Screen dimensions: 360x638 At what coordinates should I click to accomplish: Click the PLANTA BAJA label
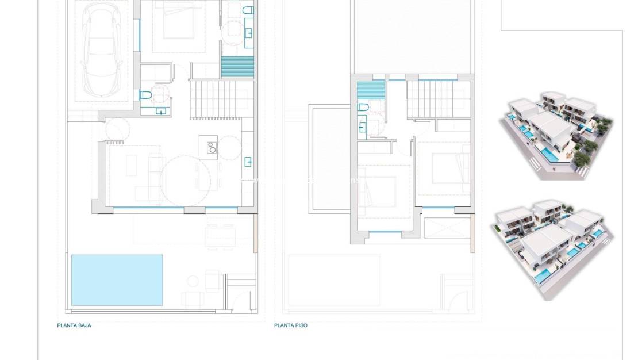coord(74,325)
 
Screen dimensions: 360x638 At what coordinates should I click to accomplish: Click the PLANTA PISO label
coord(291,325)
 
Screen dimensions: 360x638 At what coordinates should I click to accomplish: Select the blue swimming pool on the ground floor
coord(117,280)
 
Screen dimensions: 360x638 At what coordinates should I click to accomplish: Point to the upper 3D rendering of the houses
coord(555,136)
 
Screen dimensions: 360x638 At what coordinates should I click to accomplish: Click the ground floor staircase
coord(221,99)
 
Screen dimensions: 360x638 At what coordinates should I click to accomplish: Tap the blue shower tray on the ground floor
coord(237,67)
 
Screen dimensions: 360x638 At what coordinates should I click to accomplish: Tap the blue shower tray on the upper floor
coord(371,91)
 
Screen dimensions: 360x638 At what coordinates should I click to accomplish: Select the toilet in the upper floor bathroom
coord(363,108)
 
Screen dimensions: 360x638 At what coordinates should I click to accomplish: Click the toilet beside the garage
coord(146,95)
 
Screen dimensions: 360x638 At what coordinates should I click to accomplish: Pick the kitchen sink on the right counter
coord(248,162)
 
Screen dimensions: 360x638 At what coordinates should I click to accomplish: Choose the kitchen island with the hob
coord(208,148)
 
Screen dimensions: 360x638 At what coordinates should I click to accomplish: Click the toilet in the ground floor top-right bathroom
coord(248,11)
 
